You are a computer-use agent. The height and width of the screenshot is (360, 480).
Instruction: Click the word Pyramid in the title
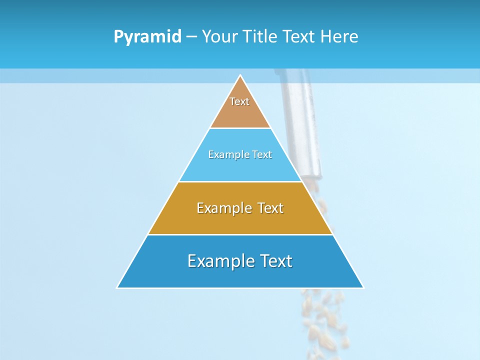click(147, 37)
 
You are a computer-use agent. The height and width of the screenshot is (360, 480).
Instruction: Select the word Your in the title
click(218, 37)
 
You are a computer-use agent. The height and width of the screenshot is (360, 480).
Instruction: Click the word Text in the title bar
click(299, 37)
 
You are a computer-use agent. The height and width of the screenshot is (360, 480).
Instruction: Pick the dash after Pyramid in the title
click(191, 37)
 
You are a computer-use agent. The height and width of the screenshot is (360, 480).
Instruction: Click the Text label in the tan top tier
click(239, 101)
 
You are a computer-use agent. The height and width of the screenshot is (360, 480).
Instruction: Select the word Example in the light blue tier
click(226, 154)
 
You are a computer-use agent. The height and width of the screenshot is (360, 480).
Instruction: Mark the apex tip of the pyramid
click(240, 75)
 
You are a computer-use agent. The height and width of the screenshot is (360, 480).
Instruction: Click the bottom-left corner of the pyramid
click(117, 287)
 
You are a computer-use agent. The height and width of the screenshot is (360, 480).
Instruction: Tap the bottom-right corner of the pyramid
click(363, 287)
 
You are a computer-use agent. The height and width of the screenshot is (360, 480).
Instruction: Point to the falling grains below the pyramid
click(322, 315)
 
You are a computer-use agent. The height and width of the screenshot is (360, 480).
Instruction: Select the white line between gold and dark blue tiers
click(240, 234)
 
